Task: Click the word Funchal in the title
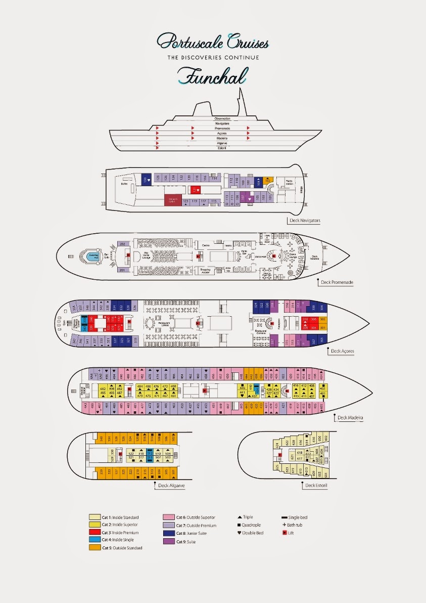pyautogui.click(x=213, y=75)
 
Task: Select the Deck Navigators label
pyautogui.click(x=305, y=221)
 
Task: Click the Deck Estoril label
pyautogui.click(x=317, y=486)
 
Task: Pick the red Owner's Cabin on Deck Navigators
pyautogui.click(x=172, y=200)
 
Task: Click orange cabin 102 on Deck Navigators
pyautogui.click(x=268, y=180)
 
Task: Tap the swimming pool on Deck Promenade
pyautogui.click(x=93, y=256)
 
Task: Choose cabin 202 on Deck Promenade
pyautogui.click(x=122, y=244)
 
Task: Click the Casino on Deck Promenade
pyautogui.click(x=206, y=245)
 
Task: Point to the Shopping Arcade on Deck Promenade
pyautogui.click(x=206, y=270)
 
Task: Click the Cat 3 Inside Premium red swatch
pyautogui.click(x=94, y=533)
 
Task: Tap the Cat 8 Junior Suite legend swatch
pyautogui.click(x=168, y=533)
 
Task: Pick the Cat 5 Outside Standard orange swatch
pyautogui.click(x=94, y=548)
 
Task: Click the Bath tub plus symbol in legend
pyautogui.click(x=284, y=525)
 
